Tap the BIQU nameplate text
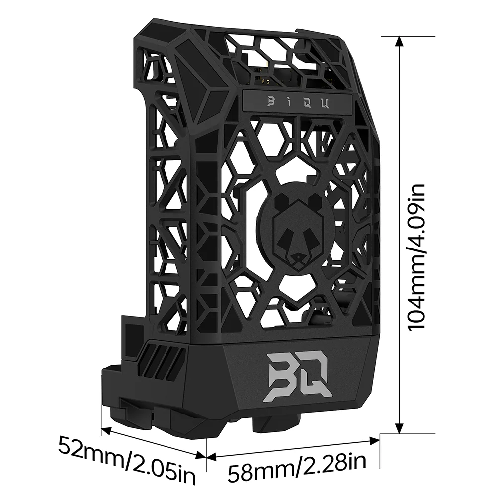pyautogui.click(x=297, y=102)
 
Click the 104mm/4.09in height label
pyautogui.click(x=416, y=256)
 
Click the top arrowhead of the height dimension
pyautogui.click(x=398, y=41)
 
